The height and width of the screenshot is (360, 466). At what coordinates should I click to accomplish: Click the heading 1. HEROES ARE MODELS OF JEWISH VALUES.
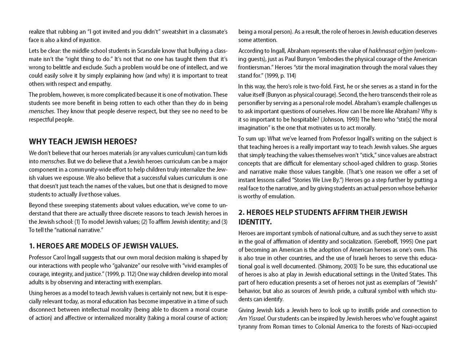coord(103,246)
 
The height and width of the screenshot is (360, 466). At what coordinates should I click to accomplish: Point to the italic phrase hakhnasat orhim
coord(391,51)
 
